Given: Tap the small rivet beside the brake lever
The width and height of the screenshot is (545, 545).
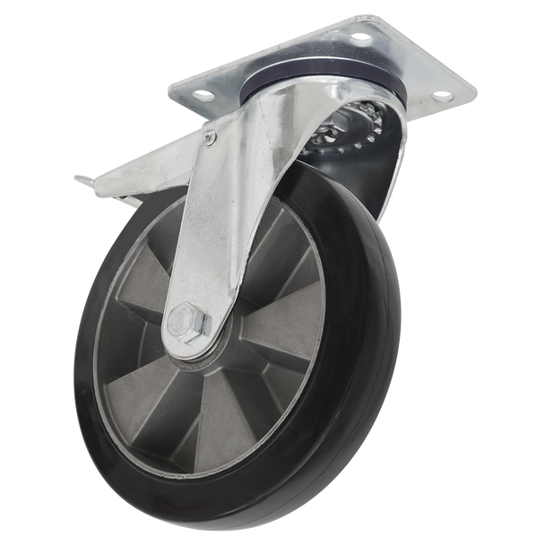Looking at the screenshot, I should tap(209, 137).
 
